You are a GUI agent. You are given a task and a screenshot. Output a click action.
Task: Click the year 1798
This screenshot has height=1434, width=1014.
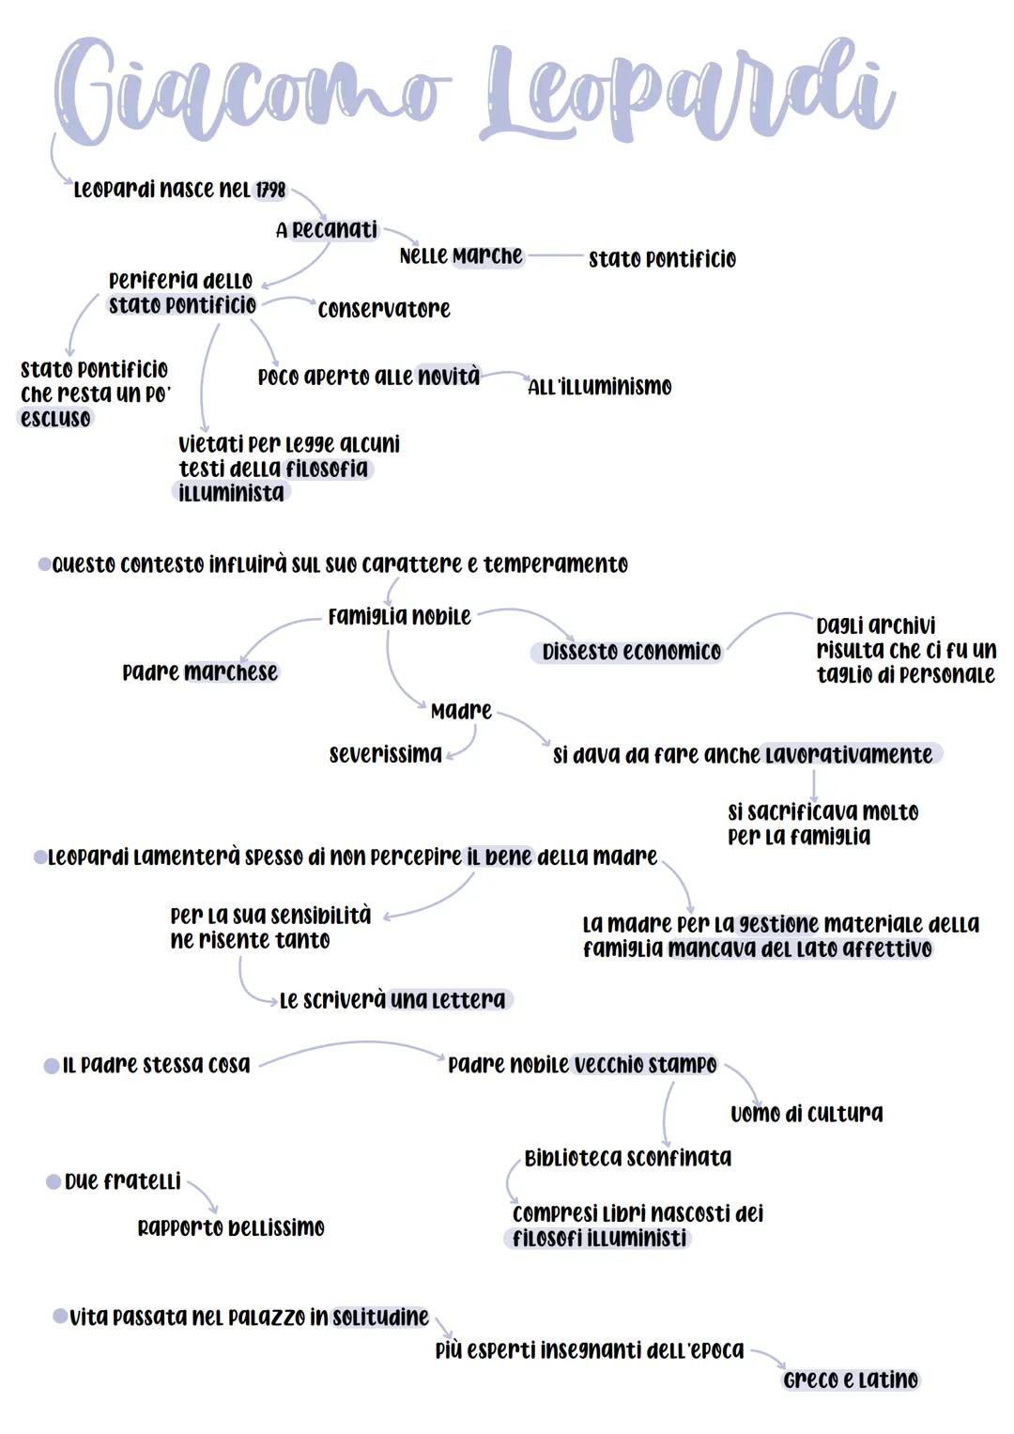270,190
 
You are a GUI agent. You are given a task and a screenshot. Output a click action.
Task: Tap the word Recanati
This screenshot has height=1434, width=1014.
334,230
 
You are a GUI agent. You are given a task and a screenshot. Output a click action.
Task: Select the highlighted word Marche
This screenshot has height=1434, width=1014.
487,256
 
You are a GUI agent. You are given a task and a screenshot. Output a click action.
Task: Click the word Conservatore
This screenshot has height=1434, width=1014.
384,309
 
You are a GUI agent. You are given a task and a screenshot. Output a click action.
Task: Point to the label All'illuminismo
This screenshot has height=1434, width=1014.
600,387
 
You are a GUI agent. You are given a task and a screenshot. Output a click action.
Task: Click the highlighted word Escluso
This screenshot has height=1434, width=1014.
56,419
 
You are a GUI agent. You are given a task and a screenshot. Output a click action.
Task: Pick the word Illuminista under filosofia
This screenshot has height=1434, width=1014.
231,493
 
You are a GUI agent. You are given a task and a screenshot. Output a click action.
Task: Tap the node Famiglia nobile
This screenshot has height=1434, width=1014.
399,617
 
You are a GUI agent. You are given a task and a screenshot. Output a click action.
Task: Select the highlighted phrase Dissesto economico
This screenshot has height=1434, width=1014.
631,652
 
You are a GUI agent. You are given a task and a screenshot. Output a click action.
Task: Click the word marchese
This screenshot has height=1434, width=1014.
231,672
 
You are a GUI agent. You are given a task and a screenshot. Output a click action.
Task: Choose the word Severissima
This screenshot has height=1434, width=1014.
385,754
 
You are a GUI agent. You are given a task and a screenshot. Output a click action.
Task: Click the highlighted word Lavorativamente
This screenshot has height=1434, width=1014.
849,755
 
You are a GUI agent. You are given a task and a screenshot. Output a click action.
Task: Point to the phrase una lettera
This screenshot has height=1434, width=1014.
448,1000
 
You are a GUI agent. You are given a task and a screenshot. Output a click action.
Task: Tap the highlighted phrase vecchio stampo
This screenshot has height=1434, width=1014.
645,1065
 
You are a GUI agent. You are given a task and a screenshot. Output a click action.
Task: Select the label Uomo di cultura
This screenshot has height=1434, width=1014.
807,1114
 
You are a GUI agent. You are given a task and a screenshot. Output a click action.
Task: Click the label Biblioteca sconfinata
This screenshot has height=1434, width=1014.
627,1158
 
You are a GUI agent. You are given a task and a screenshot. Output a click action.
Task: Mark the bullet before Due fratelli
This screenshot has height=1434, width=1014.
54,1181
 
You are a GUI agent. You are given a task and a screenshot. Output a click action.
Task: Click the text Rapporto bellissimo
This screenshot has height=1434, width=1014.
231,1227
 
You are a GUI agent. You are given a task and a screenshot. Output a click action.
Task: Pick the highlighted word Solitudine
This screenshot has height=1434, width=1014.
380,1318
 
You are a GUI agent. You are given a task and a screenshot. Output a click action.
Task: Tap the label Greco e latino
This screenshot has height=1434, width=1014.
851,1380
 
